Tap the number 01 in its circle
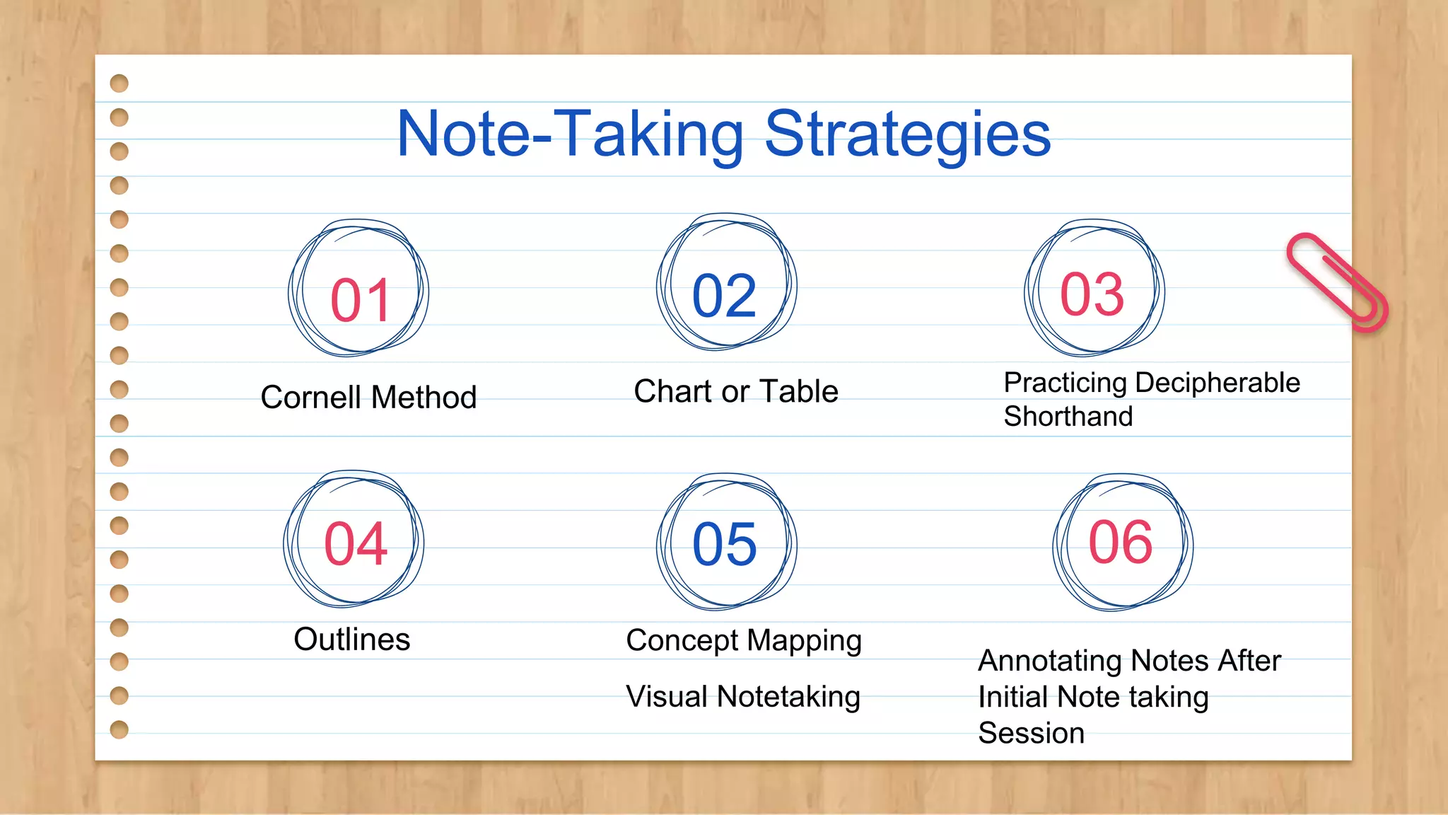point(361,300)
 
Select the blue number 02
point(724,296)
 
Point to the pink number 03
point(1092,294)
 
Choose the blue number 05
point(725,544)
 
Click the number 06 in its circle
point(1121,542)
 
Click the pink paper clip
point(1336,282)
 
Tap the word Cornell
point(310,397)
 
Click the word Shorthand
point(1068,416)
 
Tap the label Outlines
point(351,640)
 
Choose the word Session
point(1031,733)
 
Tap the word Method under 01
point(424,397)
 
